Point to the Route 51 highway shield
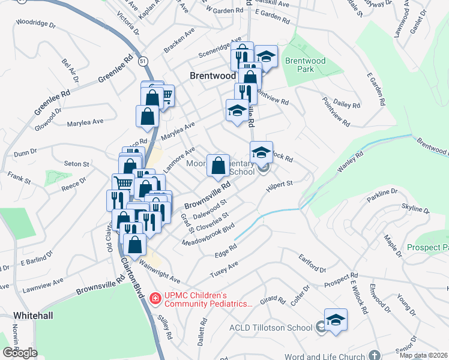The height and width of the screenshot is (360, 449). (142, 61)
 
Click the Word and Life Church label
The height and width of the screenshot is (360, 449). (323, 356)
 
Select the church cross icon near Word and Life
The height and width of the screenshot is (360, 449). (375, 356)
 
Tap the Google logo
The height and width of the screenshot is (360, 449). (20, 353)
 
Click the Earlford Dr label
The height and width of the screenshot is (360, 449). (313, 262)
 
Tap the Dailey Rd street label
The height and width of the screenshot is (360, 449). (348, 104)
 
